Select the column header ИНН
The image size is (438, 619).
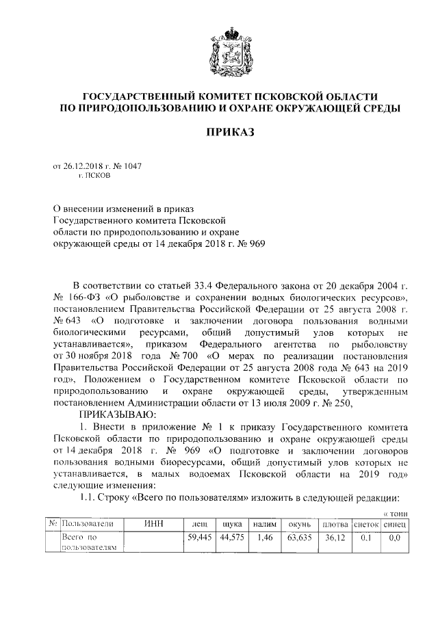(154, 524)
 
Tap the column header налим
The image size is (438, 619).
(265, 524)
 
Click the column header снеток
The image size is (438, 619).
(367, 524)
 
